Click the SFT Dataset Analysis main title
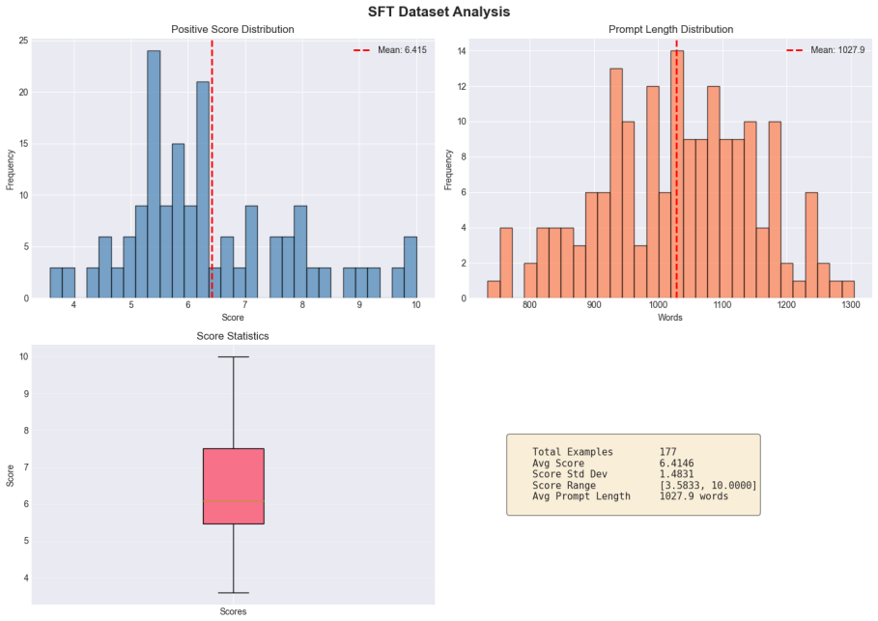[439, 12]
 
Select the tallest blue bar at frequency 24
[154, 174]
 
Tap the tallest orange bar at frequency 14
[676, 174]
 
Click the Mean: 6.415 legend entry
[389, 50]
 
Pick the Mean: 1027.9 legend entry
[826, 50]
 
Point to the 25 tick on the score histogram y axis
[23, 41]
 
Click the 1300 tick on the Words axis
[851, 304]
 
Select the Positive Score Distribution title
[233, 29]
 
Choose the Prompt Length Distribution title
[670, 29]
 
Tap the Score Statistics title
[233, 336]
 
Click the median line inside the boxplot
[234, 500]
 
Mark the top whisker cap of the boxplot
[234, 356]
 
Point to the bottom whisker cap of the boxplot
[234, 592]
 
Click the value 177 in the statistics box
[667, 452]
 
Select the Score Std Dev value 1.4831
[676, 474]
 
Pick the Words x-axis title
[669, 318]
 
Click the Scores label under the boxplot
[233, 611]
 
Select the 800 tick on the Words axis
[529, 304]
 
